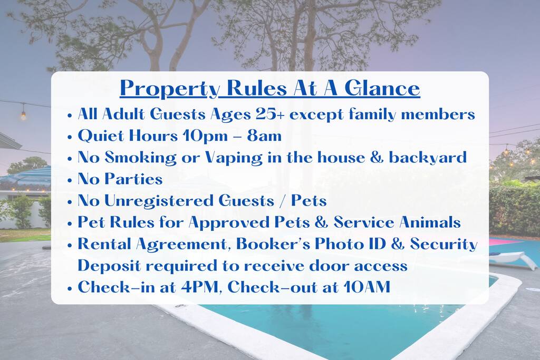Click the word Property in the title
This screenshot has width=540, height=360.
170,89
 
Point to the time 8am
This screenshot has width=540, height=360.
264,135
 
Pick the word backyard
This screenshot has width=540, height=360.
428,158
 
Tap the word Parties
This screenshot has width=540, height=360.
133,179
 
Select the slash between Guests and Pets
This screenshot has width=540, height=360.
283,201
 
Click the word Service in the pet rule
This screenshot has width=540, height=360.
364,222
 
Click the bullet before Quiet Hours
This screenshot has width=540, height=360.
70,137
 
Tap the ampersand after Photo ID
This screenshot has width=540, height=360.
398,244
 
